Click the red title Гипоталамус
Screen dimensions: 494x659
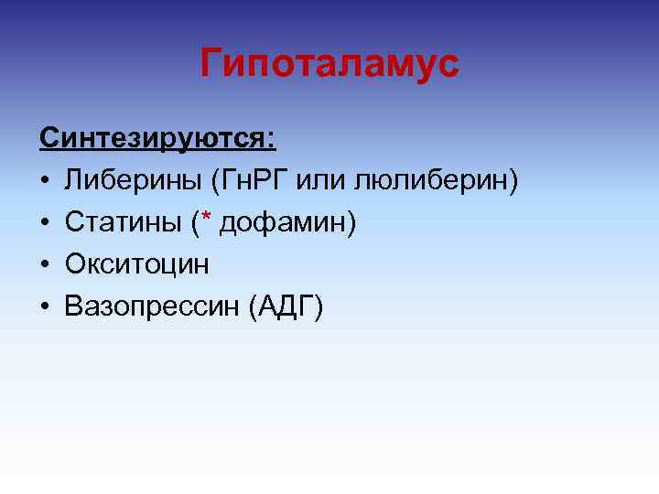(329, 64)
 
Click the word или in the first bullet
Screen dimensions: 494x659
(322, 181)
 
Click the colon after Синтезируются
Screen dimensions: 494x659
(269, 141)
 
